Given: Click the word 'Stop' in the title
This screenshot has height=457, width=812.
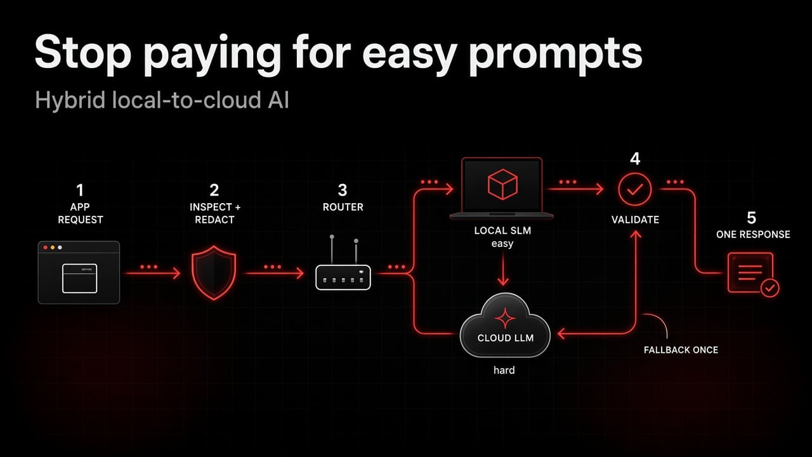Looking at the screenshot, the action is (82, 53).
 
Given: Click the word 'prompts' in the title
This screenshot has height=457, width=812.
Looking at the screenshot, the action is (555, 55).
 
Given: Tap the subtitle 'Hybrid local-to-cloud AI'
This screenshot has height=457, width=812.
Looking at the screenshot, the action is (162, 100).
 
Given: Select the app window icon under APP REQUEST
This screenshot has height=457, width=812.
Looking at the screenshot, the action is (79, 272).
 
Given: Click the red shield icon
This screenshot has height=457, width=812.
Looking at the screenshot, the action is (214, 273).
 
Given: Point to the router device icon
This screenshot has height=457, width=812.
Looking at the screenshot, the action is (343, 263).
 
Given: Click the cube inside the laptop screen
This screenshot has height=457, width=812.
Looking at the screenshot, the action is (502, 184).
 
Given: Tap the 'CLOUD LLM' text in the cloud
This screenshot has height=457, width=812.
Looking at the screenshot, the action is (506, 338).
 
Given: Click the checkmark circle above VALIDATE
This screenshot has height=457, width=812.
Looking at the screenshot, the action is (635, 189).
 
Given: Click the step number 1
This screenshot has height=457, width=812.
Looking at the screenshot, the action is (80, 190).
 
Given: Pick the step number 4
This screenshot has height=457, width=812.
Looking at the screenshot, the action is (635, 159).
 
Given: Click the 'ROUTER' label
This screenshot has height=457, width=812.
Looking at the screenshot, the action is (343, 207).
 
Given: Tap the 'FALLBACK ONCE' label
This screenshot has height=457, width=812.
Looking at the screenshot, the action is (681, 350).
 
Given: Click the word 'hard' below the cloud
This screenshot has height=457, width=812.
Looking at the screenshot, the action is (504, 370).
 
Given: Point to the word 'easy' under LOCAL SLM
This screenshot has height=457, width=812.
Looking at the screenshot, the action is (502, 244).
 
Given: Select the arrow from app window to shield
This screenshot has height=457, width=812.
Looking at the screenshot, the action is (152, 273).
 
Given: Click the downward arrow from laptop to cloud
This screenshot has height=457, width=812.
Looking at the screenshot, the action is (503, 268).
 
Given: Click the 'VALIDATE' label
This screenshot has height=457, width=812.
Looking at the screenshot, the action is (635, 220).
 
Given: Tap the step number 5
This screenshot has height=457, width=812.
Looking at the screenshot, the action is (752, 218).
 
